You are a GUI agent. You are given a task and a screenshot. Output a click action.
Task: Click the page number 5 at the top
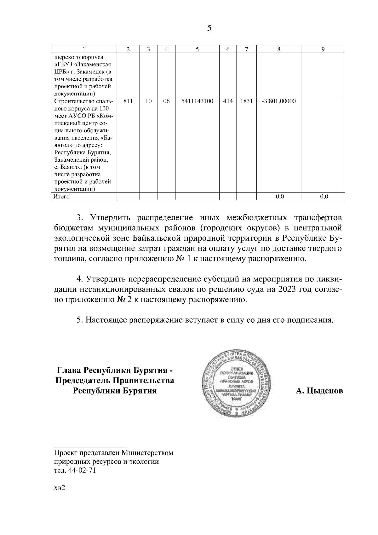click(x=209, y=29)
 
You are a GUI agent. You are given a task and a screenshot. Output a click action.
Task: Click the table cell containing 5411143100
click(x=197, y=101)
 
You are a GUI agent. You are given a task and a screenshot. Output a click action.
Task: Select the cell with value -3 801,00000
click(x=279, y=101)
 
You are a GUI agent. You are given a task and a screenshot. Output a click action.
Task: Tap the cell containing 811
click(x=128, y=101)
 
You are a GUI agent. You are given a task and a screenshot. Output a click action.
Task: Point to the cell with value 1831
click(x=246, y=101)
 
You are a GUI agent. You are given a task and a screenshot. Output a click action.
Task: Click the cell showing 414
click(x=228, y=101)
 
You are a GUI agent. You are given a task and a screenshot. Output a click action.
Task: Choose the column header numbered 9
click(x=323, y=49)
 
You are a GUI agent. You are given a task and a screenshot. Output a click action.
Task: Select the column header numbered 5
click(x=197, y=49)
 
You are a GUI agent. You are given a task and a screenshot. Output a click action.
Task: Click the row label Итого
click(x=61, y=197)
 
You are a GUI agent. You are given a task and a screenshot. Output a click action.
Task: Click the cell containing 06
click(x=166, y=101)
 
